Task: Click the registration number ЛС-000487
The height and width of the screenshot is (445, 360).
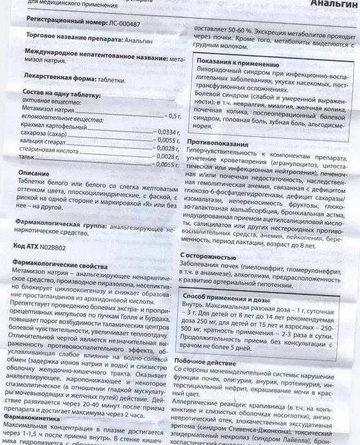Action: (119, 19)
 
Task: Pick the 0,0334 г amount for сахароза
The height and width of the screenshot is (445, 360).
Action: (167, 132)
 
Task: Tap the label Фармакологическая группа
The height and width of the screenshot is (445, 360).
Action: (62, 222)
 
